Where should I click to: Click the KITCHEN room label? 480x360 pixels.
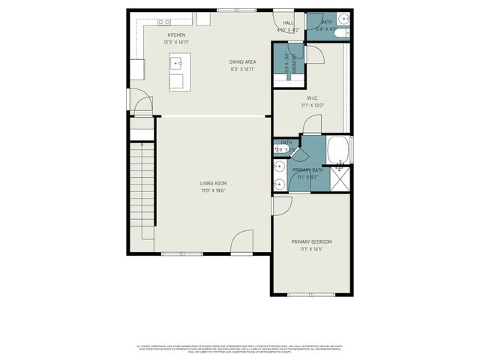(x=176, y=35)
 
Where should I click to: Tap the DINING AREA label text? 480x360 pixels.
(x=242, y=61)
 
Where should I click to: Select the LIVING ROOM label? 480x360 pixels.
(x=213, y=183)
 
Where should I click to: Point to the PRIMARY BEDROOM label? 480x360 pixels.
(x=311, y=241)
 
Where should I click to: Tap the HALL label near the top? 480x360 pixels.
(x=287, y=23)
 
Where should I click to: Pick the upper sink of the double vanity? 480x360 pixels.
(x=277, y=166)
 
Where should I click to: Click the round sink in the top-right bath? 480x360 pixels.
(x=343, y=18)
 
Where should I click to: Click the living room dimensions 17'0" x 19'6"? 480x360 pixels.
(x=213, y=190)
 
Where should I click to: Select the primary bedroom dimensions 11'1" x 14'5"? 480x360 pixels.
(x=311, y=249)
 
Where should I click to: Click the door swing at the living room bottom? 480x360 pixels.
(x=241, y=244)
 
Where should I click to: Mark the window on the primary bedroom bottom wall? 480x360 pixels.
(x=311, y=294)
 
